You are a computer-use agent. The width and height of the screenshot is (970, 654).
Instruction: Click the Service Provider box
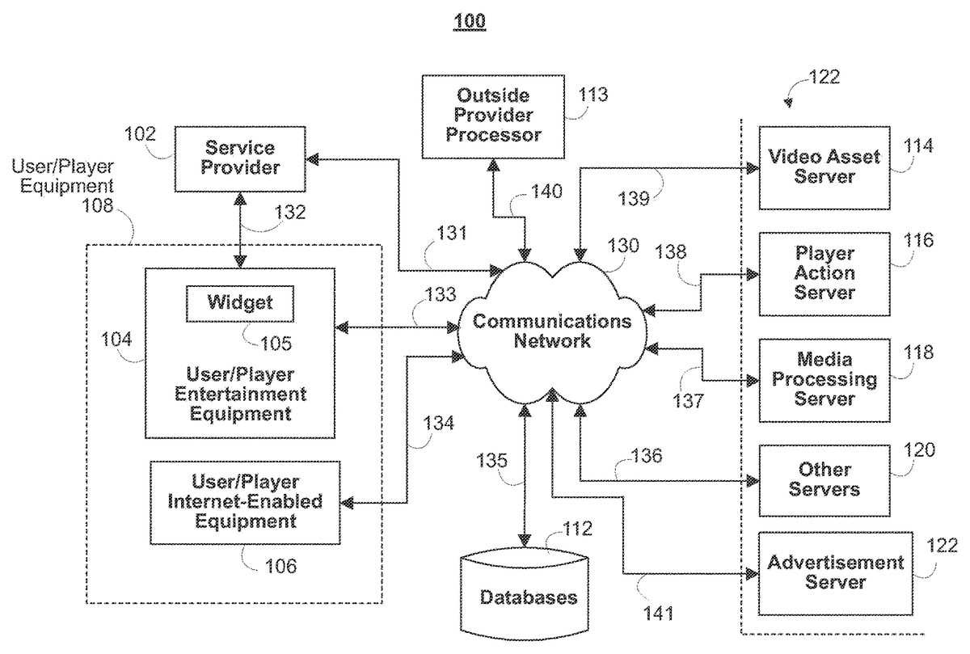[x=240, y=158]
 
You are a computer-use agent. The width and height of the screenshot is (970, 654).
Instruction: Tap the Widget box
[x=240, y=303]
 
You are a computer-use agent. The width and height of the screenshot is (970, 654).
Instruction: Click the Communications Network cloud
[x=551, y=331]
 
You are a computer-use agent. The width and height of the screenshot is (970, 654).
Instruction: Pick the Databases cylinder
[x=528, y=597]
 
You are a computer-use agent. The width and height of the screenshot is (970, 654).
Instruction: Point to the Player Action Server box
[x=824, y=272]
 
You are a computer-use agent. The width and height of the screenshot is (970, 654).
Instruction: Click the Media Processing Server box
[x=824, y=378]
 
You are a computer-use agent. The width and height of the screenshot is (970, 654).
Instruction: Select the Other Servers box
[x=824, y=479]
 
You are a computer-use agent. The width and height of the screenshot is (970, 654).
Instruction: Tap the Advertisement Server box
[x=835, y=572]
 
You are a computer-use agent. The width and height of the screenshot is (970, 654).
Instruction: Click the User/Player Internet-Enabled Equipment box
[x=245, y=502]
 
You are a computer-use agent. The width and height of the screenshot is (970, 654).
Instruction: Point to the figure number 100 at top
[x=470, y=20]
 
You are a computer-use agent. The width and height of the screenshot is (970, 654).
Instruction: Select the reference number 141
[x=657, y=614]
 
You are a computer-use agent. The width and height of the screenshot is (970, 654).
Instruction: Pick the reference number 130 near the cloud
[x=623, y=247]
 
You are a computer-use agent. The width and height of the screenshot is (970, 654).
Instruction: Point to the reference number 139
[x=634, y=198]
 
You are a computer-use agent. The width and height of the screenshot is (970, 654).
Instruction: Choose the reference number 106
[x=280, y=566]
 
